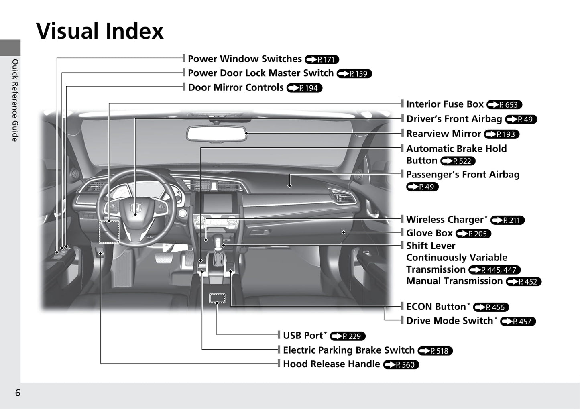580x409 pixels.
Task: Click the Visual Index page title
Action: pyautogui.click(x=100, y=31)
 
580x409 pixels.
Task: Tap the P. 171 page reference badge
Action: pyautogui.click(x=322, y=59)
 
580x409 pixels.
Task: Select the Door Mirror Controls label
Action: pyautogui.click(x=236, y=87)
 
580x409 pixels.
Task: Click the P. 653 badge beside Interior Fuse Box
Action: pyautogui.click(x=504, y=105)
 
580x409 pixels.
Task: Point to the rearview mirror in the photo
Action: pyautogui.click(x=216, y=134)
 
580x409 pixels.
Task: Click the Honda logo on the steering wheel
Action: pyautogui.click(x=135, y=208)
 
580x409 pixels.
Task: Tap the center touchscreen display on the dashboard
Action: pyautogui.click(x=217, y=203)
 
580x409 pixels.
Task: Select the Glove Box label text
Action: pyautogui.click(x=429, y=233)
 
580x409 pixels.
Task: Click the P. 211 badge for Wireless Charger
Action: pyautogui.click(x=507, y=220)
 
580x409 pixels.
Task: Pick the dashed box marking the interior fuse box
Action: pyautogui.click(x=109, y=232)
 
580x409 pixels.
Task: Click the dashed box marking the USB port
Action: pyautogui.click(x=217, y=298)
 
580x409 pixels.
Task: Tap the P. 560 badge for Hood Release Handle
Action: pyautogui.click(x=401, y=365)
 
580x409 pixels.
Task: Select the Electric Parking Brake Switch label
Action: pyautogui.click(x=348, y=350)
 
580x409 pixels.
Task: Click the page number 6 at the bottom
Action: pyautogui.click(x=18, y=393)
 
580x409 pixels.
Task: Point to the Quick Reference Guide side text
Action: pyautogui.click(x=15, y=100)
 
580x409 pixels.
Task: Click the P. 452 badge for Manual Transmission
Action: pyautogui.click(x=523, y=281)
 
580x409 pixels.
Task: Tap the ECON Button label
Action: pyautogui.click(x=436, y=307)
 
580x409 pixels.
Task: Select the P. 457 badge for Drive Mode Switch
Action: pyautogui.click(x=518, y=321)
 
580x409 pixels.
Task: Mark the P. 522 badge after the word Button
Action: pyautogui.click(x=458, y=161)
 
